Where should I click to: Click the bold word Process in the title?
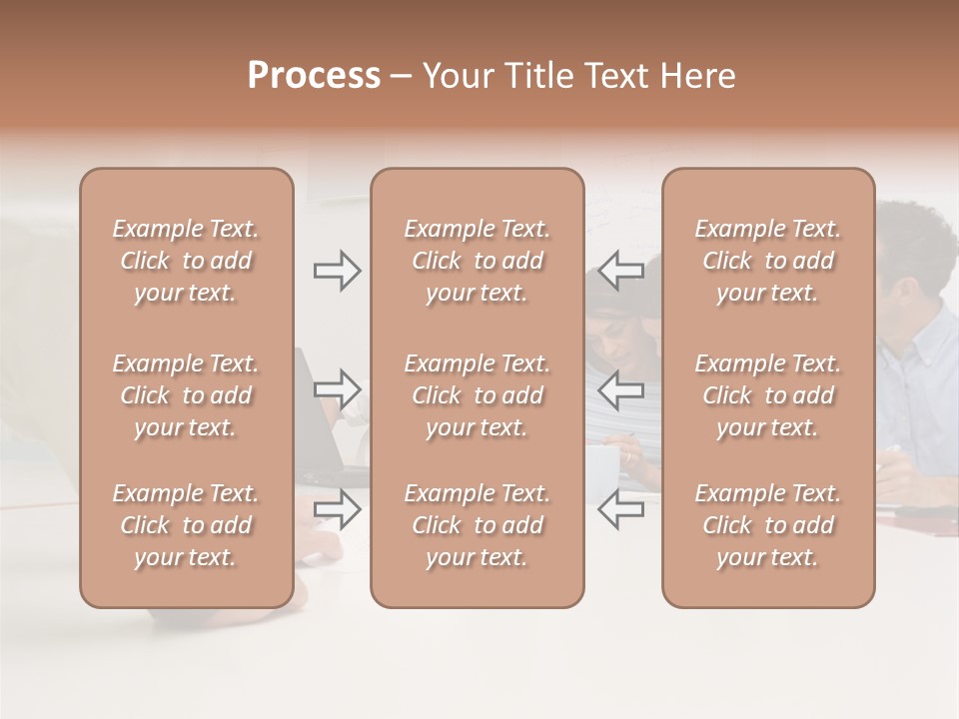(314, 76)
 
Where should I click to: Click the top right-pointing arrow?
(337, 271)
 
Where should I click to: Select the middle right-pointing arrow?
(337, 389)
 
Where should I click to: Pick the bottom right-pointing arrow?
(337, 509)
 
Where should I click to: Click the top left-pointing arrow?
(621, 271)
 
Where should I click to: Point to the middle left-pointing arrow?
(621, 389)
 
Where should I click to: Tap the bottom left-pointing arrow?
(621, 509)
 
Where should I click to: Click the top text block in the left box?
(186, 261)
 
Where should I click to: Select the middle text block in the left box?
(186, 395)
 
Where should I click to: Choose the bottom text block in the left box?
(186, 525)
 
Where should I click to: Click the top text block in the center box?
(478, 261)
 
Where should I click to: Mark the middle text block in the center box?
(478, 395)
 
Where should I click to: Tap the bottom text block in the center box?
(478, 525)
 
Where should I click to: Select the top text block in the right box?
(768, 261)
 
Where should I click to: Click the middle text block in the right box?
(768, 395)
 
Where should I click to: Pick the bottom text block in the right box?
(768, 525)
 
